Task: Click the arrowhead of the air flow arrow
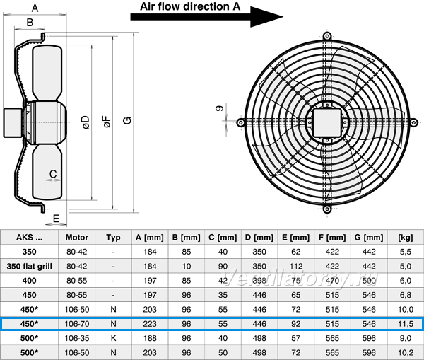266,17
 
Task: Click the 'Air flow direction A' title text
190,6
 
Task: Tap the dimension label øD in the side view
86,122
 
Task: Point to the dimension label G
127,120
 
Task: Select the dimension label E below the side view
56,219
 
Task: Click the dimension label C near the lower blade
53,174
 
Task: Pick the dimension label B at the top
30,22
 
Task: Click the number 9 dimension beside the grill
220,108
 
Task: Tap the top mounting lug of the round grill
327,36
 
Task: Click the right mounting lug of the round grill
413,122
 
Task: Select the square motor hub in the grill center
327,122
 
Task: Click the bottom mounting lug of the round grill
327,209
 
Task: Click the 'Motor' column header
77,238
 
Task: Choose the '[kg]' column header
406,238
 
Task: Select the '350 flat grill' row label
29,267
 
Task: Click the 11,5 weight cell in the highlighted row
406,324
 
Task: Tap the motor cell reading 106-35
77,338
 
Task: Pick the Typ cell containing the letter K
113,338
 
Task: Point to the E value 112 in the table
296,267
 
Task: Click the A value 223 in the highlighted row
150,324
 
